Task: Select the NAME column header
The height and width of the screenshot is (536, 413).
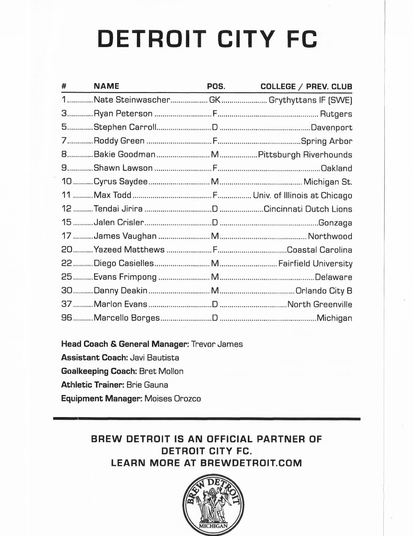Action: tap(106, 86)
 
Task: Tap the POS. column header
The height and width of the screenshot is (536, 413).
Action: tap(216, 86)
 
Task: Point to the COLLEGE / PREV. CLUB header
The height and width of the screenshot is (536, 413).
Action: tap(306, 86)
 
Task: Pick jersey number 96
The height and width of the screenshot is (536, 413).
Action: tap(66, 318)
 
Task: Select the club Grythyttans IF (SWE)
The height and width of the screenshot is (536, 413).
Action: tap(311, 100)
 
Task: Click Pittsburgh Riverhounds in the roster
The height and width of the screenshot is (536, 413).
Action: tap(305, 154)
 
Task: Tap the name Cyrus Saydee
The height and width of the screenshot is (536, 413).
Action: tap(120, 182)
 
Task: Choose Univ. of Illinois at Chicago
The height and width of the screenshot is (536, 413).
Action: tap(303, 195)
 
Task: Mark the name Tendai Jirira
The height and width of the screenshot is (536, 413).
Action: tap(118, 209)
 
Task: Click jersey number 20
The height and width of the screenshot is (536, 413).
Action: tap(66, 250)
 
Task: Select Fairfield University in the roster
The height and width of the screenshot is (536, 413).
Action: tap(315, 263)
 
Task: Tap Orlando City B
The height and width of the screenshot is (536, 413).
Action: tap(324, 291)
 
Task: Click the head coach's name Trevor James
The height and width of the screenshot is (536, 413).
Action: tap(217, 344)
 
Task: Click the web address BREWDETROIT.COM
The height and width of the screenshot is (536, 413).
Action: tap(251, 463)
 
